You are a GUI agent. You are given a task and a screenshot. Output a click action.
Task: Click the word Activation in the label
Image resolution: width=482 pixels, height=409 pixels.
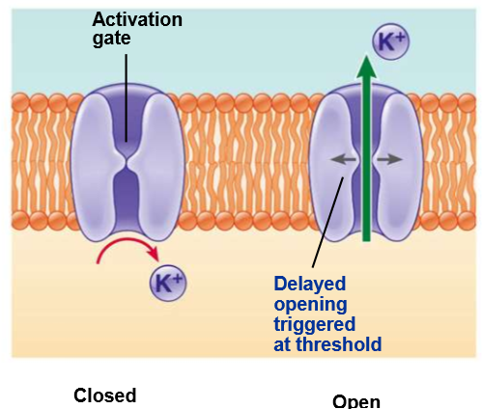pos(137,20)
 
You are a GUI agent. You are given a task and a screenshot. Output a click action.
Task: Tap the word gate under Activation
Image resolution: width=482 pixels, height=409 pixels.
pos(112,39)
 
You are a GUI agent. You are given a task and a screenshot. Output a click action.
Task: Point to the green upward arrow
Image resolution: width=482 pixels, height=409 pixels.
pos(366,149)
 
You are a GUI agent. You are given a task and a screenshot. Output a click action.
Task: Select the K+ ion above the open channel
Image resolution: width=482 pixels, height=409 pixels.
pos(391,41)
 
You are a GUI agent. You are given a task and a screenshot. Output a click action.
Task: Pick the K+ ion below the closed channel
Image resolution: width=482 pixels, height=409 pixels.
pos(168,283)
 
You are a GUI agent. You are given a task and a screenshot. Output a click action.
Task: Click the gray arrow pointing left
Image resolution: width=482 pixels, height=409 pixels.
pos(344,159)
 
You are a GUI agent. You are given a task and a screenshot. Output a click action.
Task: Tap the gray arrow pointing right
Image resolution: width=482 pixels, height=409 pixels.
pos(389,159)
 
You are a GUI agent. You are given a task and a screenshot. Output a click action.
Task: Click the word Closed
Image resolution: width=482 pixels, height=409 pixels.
pos(105,395)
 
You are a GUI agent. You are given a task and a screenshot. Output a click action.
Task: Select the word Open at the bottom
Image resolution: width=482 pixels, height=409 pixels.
pos(356,401)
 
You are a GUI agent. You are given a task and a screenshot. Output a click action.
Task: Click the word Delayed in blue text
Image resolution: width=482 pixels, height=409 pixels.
pos(310,284)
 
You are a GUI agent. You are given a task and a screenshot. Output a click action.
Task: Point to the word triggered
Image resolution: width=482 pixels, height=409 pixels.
pos(315,325)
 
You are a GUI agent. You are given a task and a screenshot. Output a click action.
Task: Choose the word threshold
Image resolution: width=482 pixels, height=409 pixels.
pos(339,344)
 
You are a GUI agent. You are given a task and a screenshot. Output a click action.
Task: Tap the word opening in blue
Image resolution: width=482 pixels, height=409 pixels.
pos(310,305)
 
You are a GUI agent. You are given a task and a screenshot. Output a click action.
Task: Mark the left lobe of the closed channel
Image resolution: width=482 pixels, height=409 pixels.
pos(97,167)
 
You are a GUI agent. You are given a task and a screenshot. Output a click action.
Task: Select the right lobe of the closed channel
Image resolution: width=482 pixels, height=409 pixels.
pos(156,167)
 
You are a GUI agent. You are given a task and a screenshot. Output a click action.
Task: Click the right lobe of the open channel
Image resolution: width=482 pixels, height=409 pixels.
pos(398,167)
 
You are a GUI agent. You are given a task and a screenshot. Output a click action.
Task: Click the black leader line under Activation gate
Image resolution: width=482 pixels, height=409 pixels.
pos(127,98)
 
